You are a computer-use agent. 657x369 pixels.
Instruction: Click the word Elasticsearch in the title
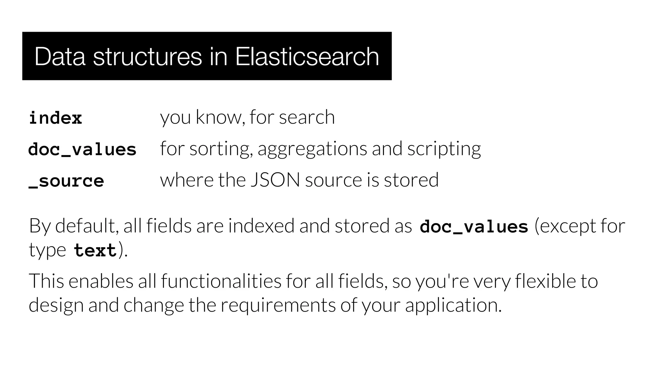click(x=307, y=57)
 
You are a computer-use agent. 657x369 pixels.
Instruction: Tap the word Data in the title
click(x=60, y=57)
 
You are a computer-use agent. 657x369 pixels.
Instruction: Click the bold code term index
click(x=55, y=118)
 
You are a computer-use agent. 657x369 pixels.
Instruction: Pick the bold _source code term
click(x=66, y=181)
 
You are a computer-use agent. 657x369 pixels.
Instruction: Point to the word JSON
click(x=275, y=180)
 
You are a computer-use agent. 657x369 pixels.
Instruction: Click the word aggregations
click(x=312, y=149)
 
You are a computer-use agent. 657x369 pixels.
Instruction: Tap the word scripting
click(x=444, y=149)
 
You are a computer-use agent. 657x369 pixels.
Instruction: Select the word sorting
click(x=219, y=149)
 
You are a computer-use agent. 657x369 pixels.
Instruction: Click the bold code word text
click(x=95, y=250)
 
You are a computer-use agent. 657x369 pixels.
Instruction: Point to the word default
click(x=85, y=225)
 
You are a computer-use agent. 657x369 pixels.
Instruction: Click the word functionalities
click(x=221, y=281)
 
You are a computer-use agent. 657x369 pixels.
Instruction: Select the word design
click(x=56, y=305)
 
